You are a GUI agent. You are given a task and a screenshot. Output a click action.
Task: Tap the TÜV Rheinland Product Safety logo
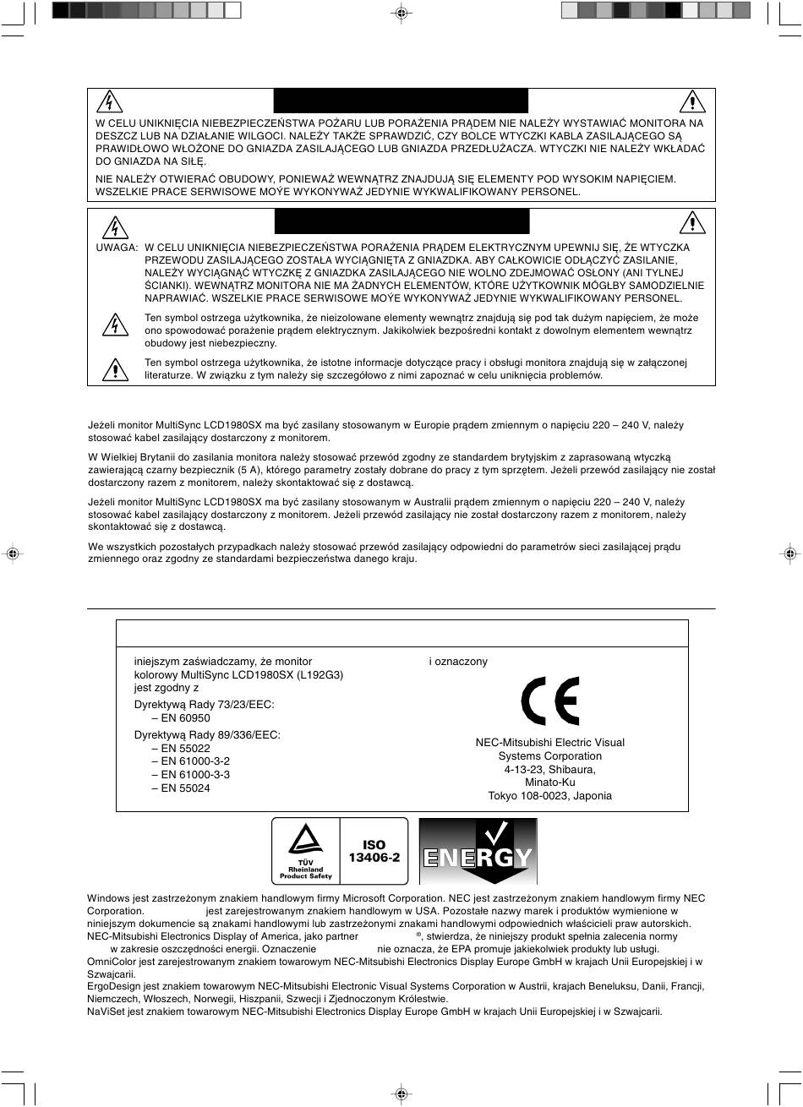click(x=305, y=851)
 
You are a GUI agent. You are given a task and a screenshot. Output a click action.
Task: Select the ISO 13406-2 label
click(x=374, y=850)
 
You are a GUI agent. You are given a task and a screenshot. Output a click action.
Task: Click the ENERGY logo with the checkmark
click(x=478, y=851)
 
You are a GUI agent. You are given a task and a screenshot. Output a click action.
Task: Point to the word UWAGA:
click(x=117, y=248)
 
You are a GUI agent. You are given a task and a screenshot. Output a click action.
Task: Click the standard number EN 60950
click(x=181, y=718)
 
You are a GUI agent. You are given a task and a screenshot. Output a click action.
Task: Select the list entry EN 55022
click(x=181, y=748)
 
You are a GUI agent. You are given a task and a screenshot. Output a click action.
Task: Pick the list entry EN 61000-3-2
click(x=190, y=761)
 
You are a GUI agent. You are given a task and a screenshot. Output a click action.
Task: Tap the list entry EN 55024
click(x=181, y=788)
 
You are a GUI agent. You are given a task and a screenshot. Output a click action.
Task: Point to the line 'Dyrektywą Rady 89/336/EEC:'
click(x=207, y=734)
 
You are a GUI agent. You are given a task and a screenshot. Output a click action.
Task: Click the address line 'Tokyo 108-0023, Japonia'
click(x=549, y=796)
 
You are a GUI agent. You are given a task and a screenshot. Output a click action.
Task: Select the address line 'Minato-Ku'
click(x=549, y=783)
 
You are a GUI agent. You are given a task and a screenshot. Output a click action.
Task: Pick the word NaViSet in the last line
click(x=106, y=1012)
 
